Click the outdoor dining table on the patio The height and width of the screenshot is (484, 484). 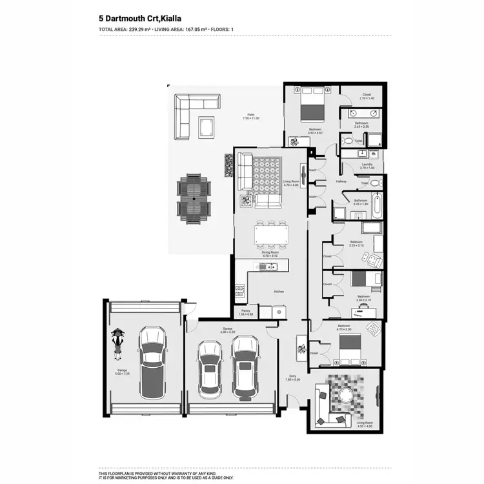(194, 199)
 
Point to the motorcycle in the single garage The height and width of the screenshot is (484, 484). (117, 343)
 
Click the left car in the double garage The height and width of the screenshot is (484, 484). (209, 369)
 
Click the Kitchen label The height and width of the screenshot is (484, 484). (279, 292)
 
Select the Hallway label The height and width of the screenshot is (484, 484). (341, 181)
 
